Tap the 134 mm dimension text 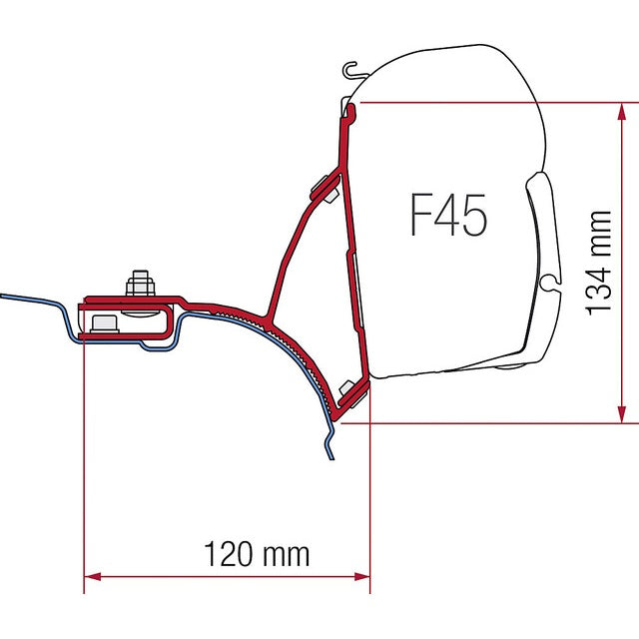(x=599, y=262)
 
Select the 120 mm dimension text (x=257, y=552)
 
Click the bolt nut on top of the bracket (x=141, y=287)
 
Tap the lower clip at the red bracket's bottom (x=350, y=392)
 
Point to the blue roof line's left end (x=3, y=297)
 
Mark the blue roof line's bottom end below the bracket (x=330, y=458)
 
